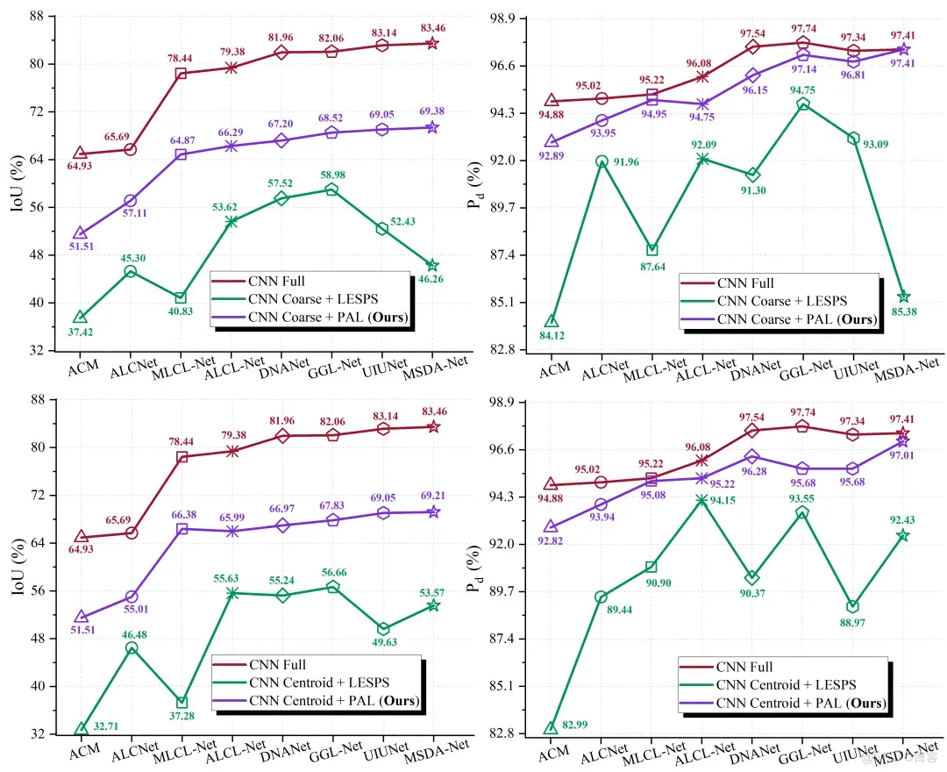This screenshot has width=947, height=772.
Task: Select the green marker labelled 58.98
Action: [x=331, y=189]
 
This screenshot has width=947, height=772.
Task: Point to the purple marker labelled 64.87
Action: [x=181, y=154]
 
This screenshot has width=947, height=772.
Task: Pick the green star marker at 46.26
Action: [x=432, y=265]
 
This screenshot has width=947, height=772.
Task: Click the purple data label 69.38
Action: [x=431, y=111]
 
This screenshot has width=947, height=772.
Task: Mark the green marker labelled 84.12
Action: [x=551, y=321]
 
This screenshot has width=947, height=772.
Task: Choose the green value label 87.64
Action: [x=651, y=267]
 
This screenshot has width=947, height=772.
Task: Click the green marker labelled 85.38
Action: [x=904, y=297]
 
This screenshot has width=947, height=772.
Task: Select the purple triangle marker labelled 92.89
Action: [x=551, y=141]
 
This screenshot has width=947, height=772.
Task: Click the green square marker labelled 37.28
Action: [x=182, y=702]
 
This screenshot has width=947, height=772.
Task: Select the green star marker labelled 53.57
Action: [x=432, y=605]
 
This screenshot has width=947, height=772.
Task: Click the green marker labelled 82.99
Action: [x=551, y=728]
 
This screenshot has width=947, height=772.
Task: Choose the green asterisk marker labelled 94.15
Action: [x=702, y=500]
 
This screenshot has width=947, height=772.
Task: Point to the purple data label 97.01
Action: [x=904, y=456]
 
